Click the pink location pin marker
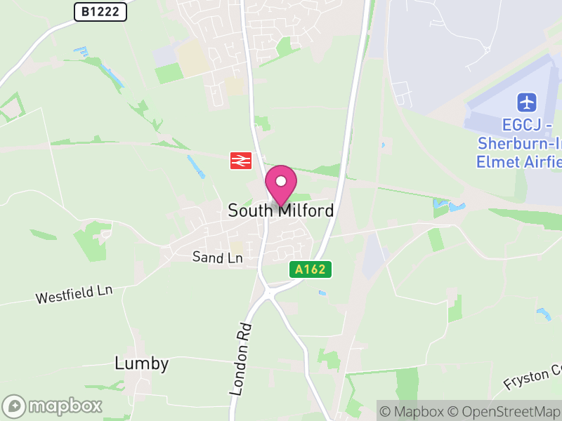pyautogui.click(x=281, y=185)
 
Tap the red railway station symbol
pyautogui.click(x=240, y=161)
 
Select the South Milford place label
pyautogui.click(x=280, y=210)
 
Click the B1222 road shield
pyautogui.click(x=100, y=11)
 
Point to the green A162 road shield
pyautogui.click(x=310, y=269)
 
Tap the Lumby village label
pyautogui.click(x=141, y=363)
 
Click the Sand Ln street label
pyautogui.click(x=217, y=258)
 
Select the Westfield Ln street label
pyautogui.click(x=74, y=294)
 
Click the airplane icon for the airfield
pyautogui.click(x=526, y=102)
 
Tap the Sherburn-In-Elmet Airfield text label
pyautogui.click(x=520, y=152)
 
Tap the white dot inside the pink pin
pyautogui.click(x=281, y=181)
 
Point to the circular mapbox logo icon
pyautogui.click(x=14, y=406)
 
